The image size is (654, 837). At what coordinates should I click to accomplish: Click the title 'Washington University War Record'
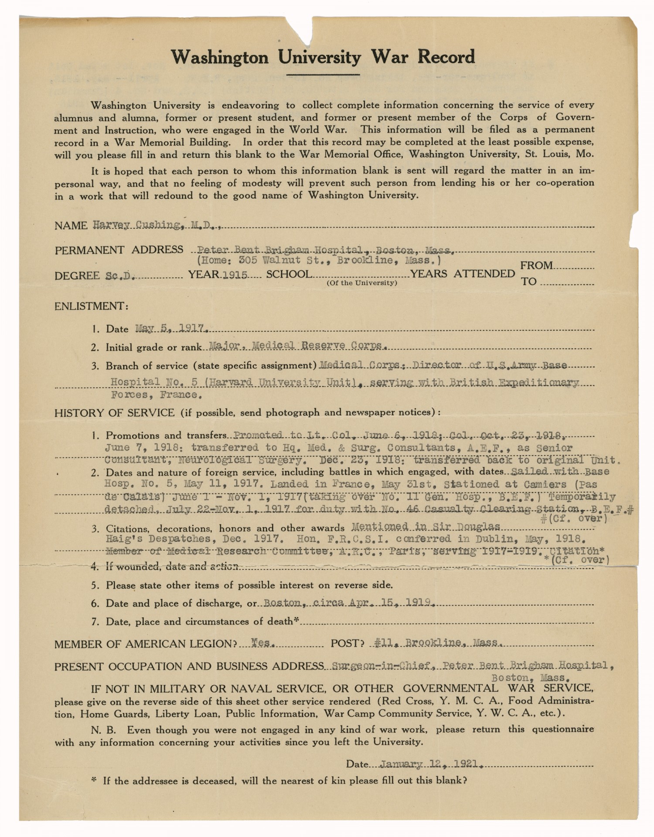[323, 57]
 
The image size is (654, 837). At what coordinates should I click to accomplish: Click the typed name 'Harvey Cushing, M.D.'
[157, 225]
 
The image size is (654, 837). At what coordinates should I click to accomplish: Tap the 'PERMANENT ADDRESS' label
[119, 250]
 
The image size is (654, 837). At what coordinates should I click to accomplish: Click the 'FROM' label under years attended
[536, 265]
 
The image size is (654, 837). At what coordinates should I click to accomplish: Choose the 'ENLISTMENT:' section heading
[91, 306]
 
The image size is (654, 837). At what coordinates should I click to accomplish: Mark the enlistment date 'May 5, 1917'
[171, 328]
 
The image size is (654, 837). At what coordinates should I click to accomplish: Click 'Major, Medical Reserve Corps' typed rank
[296, 346]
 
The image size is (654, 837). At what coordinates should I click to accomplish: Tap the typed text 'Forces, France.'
[156, 395]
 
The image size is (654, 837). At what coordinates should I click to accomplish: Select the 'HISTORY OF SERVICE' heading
[114, 412]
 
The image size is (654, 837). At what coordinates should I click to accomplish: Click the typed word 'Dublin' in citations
[492, 539]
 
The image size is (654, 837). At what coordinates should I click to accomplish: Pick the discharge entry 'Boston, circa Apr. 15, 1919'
[348, 603]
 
